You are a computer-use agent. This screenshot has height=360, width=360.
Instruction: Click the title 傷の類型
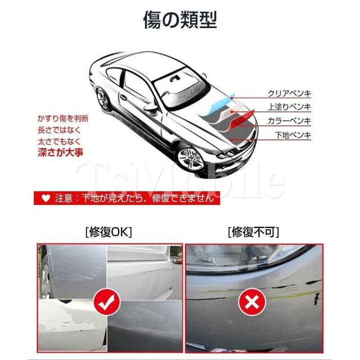pyautogui.click(x=180, y=21)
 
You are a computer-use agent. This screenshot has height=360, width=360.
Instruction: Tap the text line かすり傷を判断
pyautogui.click(x=62, y=120)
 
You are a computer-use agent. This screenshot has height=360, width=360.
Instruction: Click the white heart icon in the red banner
pyautogui.click(x=46, y=197)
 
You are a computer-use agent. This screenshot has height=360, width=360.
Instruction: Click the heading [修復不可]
pyautogui.click(x=253, y=232)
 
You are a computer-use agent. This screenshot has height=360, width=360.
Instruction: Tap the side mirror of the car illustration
pyautogui.click(x=149, y=105)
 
